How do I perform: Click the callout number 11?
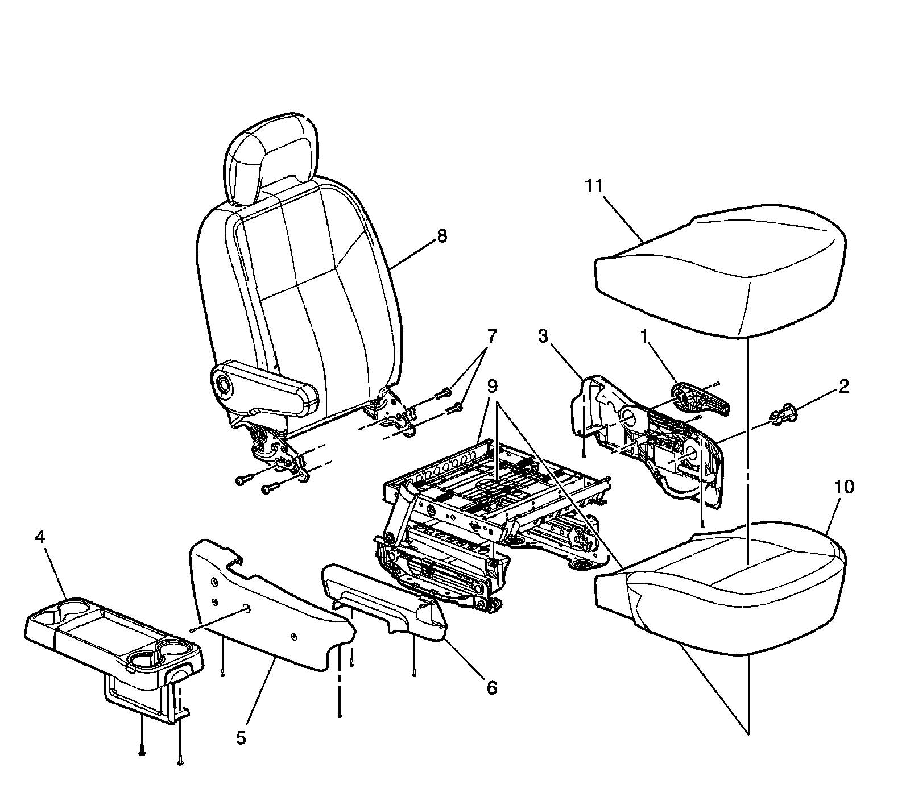pyautogui.click(x=595, y=186)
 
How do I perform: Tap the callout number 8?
pyautogui.click(x=441, y=236)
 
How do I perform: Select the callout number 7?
pyautogui.click(x=490, y=337)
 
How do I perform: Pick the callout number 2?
pyautogui.click(x=844, y=387)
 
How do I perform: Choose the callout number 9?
pyautogui.click(x=491, y=387)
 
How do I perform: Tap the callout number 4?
pyautogui.click(x=40, y=537)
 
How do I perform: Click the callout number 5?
pyautogui.click(x=241, y=738)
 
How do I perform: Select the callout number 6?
pyautogui.click(x=491, y=688)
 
